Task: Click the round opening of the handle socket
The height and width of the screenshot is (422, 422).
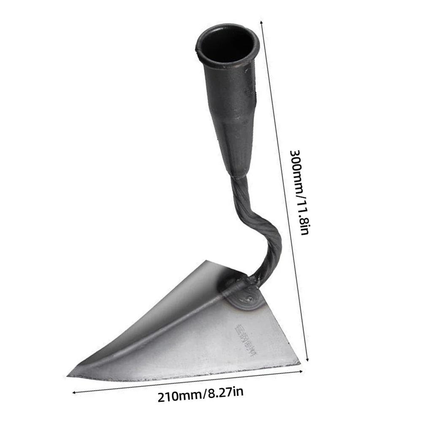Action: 227,44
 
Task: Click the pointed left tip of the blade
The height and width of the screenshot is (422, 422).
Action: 69,374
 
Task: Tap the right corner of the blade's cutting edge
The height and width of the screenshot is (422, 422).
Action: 299,362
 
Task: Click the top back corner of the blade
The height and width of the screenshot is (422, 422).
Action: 206,261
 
